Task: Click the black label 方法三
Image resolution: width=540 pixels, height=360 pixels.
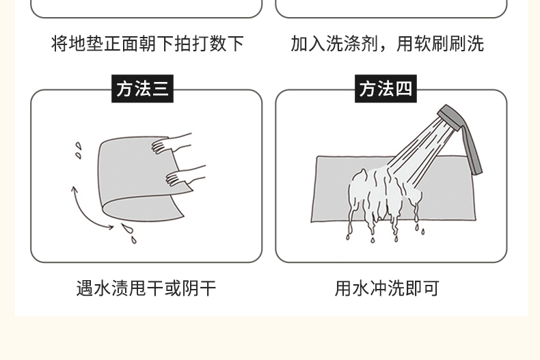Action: [142, 88]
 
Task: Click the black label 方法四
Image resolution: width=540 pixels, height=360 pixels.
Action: [386, 88]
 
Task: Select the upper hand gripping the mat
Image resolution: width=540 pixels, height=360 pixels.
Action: [171, 143]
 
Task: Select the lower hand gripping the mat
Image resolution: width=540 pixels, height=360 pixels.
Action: [185, 175]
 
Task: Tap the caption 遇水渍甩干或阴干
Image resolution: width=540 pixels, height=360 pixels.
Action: [146, 288]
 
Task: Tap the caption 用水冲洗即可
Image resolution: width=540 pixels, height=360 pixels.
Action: [387, 288]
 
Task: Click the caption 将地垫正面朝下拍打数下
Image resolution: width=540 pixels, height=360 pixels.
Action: [148, 44]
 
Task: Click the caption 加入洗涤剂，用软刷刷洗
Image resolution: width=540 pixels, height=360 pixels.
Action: [388, 44]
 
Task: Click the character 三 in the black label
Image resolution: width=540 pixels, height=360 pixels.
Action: [160, 88]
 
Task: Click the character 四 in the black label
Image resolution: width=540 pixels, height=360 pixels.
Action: [403, 88]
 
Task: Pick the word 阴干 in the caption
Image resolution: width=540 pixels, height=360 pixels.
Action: [199, 288]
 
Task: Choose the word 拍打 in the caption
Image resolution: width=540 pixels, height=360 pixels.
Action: [191, 44]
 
